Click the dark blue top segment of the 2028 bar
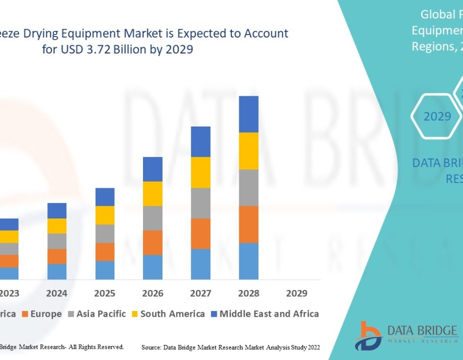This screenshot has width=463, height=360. [x=248, y=114]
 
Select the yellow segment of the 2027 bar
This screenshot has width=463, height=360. [x=201, y=172]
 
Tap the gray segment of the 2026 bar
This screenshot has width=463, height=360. [x=153, y=218]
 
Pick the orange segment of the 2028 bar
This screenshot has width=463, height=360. [x=248, y=224]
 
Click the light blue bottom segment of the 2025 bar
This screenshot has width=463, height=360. [x=105, y=270]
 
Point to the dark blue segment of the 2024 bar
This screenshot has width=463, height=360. [x=57, y=210]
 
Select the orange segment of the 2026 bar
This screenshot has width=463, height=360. [x=153, y=242]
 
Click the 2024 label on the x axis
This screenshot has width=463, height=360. [x=57, y=294]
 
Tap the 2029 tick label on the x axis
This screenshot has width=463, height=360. [x=296, y=294]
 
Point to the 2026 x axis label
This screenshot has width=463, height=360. [x=153, y=294]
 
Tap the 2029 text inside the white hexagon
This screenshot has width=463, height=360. [x=437, y=117]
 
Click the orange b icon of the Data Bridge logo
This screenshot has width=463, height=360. [x=367, y=336]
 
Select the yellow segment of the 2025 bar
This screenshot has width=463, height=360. [x=105, y=215]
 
